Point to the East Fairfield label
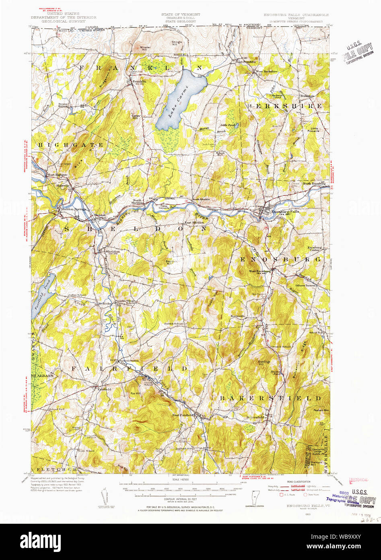(x=183, y=415)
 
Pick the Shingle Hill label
(x=177, y=43)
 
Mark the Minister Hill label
(x=145, y=48)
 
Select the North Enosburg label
(x=313, y=184)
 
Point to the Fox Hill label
(x=136, y=393)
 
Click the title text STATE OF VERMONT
(x=181, y=14)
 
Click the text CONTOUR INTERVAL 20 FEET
(x=181, y=498)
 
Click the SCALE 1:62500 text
(x=181, y=479)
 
